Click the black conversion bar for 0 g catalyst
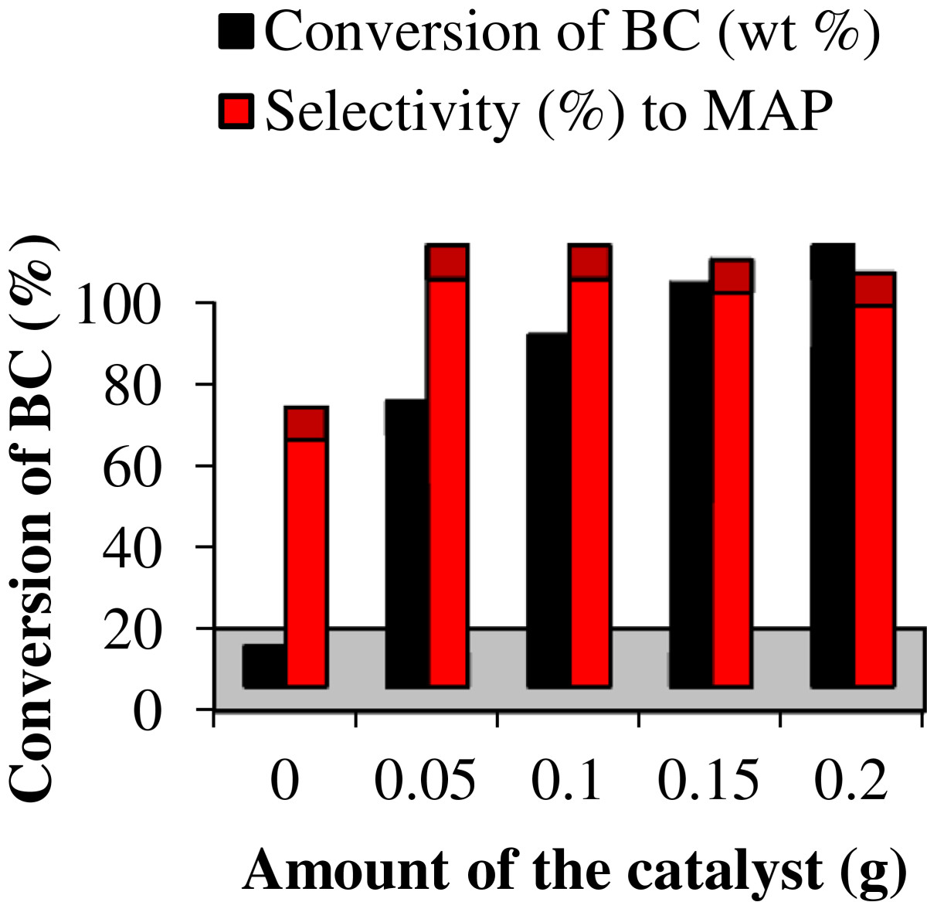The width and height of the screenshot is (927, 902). (x=264, y=665)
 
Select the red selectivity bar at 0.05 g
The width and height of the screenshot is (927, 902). (x=447, y=466)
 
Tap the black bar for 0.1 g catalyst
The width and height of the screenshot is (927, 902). (x=548, y=510)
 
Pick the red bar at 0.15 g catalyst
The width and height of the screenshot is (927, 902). (x=732, y=473)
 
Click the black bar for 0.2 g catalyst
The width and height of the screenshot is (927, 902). (x=832, y=466)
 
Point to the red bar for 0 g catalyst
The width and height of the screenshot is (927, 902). (x=306, y=546)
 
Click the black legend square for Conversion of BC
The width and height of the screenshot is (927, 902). (x=236, y=31)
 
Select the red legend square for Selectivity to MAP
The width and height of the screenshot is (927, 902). (x=236, y=111)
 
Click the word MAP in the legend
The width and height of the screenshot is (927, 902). (x=768, y=112)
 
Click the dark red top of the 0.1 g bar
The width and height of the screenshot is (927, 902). (x=590, y=262)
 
